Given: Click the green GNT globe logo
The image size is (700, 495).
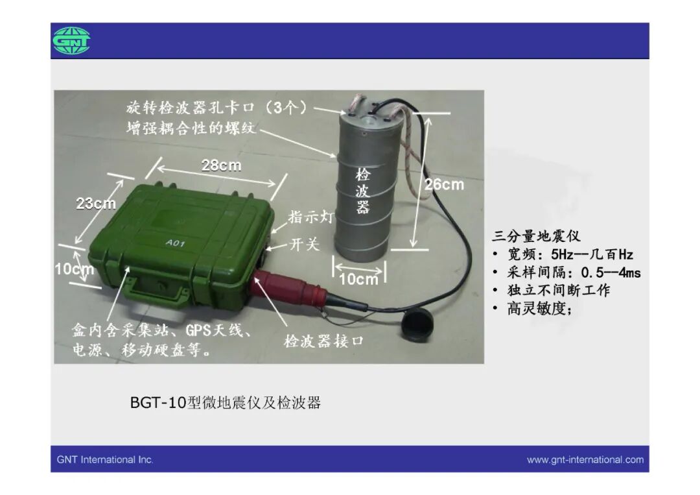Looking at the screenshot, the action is tap(71, 41).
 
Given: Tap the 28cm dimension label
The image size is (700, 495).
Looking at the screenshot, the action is tap(221, 165).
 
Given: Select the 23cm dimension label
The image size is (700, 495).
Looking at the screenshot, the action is tap(96, 203).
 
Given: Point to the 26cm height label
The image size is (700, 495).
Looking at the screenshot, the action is tap(444, 184).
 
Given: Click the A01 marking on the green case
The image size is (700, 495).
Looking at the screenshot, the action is tap(175, 243).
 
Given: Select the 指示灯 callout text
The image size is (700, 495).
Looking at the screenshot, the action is tap(310, 217).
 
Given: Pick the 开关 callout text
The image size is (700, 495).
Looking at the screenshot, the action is tap(305, 244).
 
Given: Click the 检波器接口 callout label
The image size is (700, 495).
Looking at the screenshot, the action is tap(323, 341).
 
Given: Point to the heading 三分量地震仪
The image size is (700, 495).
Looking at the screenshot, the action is tap(536, 235).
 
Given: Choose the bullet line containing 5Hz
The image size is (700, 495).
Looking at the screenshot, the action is tap(563, 254).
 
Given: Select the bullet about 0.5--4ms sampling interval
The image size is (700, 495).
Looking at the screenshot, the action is tap(566, 272).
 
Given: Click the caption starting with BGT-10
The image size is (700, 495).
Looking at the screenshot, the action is tap(226, 402).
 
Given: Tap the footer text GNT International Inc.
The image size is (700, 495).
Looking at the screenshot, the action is tap(105, 459).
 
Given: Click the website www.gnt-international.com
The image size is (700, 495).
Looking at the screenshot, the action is tap(585, 459).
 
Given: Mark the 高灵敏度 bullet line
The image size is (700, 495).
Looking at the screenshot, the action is tap(531, 308).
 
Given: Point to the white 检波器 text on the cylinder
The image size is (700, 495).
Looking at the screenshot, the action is tap(362, 191).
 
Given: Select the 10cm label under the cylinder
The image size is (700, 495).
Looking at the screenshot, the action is tap(358, 279).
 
